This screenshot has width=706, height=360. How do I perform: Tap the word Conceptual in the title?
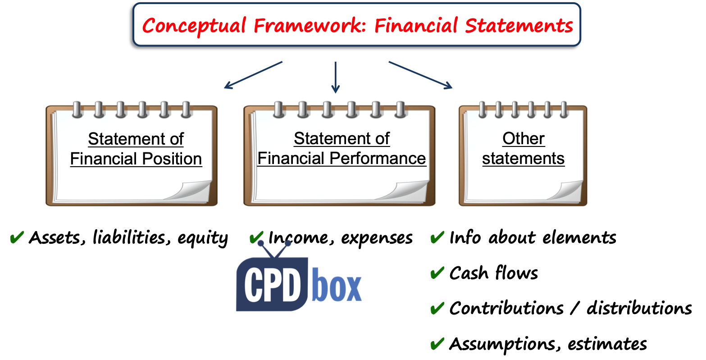tap(194, 26)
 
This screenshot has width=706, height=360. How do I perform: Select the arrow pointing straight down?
tap(336, 77)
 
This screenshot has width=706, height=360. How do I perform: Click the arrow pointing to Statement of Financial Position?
tap(253, 75)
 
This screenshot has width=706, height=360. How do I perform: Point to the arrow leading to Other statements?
tap(420, 75)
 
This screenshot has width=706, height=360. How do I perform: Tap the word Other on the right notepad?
tap(524, 138)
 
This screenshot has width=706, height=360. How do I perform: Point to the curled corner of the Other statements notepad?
tap(566, 190)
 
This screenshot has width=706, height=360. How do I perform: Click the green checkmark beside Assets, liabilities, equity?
tap(17, 237)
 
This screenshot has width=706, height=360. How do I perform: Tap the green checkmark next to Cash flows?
tap(437, 273)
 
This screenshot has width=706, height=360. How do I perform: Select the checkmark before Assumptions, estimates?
tap(437, 344)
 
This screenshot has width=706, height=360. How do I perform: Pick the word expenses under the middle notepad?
tap(377, 238)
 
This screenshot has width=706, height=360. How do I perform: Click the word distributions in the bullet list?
tap(639, 308)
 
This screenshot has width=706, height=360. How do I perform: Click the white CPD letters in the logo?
tap(272, 286)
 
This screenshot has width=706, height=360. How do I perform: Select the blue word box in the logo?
tap(337, 285)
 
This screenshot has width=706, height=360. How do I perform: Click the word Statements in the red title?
tap(519, 25)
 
